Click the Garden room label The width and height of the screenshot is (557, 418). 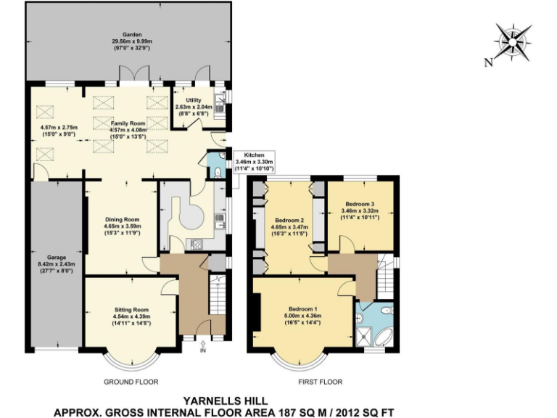(132, 34)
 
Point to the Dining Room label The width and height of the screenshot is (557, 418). (121, 218)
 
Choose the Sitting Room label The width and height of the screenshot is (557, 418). (131, 310)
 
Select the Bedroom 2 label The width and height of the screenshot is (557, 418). (289, 220)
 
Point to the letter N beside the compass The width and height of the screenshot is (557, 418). (488, 62)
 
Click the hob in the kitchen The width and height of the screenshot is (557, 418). (197, 244)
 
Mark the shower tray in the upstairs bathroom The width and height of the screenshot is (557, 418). (365, 335)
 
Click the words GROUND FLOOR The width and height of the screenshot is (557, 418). (131, 381)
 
